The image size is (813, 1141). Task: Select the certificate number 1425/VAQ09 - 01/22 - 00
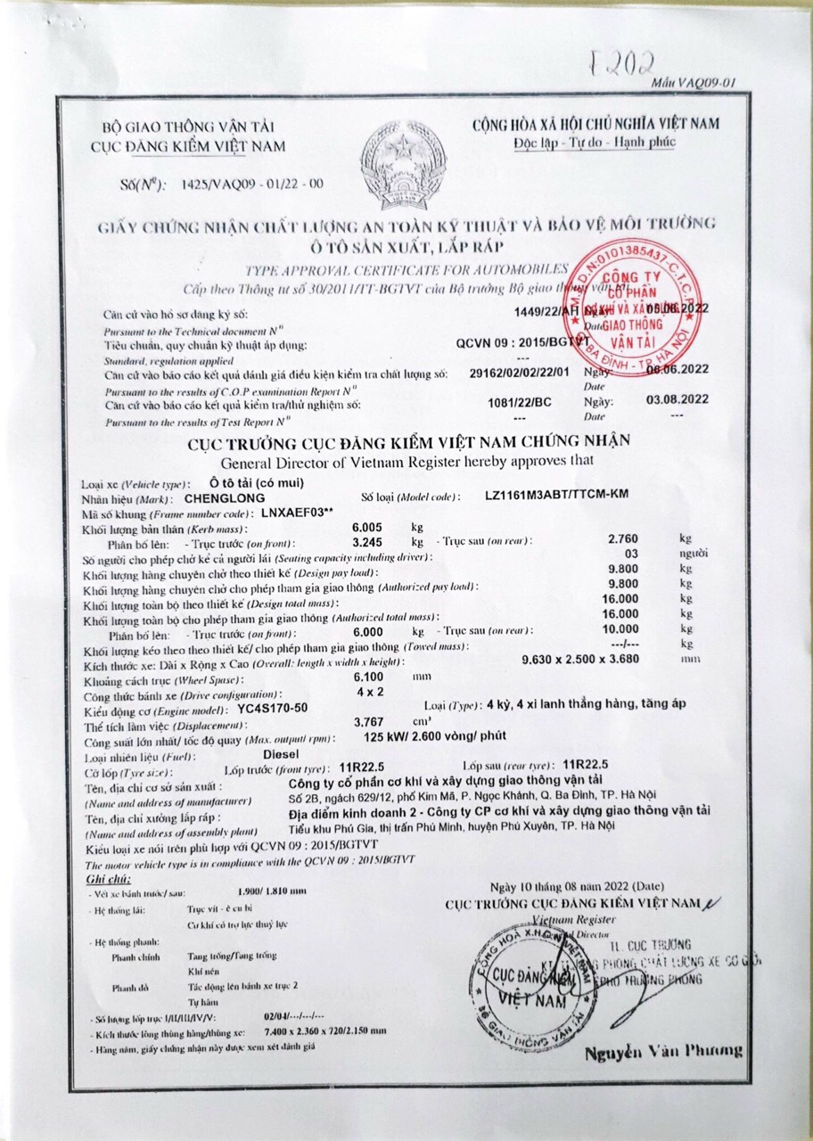[251, 185]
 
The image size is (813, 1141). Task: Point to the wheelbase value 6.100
[369, 677]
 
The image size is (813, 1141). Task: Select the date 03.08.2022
[677, 399]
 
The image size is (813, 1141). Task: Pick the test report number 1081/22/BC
[521, 402]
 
